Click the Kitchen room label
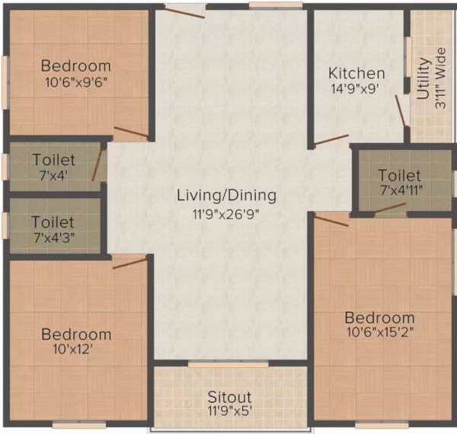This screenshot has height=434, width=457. (356, 73)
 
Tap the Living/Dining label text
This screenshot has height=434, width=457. (226, 196)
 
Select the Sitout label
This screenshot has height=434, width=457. (229, 397)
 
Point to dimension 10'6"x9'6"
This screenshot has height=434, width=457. (75, 83)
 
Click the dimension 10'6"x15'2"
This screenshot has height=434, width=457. (379, 333)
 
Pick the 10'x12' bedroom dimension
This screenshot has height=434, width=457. (76, 349)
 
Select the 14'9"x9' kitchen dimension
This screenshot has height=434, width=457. (354, 88)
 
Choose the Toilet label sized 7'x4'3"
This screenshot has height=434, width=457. (53, 222)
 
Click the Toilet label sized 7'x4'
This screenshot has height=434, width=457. (53, 160)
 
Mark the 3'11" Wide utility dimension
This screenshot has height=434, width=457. (440, 80)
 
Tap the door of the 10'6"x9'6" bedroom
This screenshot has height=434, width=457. (130, 133)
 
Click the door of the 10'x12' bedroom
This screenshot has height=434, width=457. (130, 263)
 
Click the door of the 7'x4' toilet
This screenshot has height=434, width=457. (97, 165)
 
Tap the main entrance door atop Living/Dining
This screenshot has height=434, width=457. (185, 12)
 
